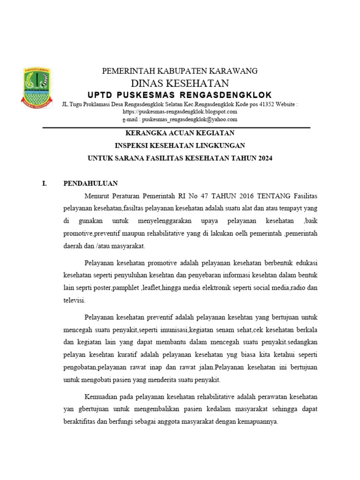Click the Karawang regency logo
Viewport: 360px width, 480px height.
coord(37,86)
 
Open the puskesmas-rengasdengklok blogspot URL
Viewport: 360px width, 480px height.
coord(180,112)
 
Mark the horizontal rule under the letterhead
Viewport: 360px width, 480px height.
coord(176,127)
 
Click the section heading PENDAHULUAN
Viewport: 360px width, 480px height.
coord(90,183)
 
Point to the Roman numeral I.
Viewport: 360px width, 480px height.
coord(45,183)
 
